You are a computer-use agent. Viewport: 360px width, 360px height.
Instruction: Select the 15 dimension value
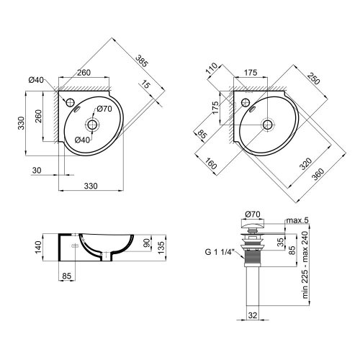[x=148, y=86]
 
